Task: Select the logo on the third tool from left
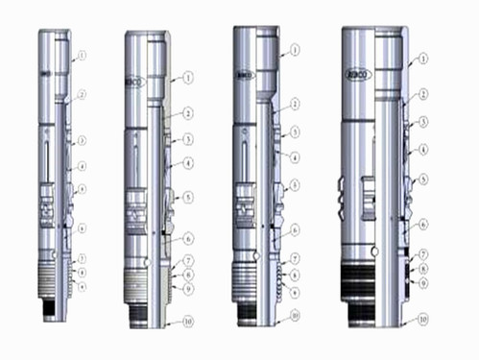coord(246,73)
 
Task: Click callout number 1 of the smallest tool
coord(83,57)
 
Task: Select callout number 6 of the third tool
coord(296,229)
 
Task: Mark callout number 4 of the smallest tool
coord(83,166)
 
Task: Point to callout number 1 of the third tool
coord(295,47)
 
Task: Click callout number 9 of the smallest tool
coord(83,285)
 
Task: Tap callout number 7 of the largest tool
coord(422,253)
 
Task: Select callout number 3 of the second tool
coord(189,139)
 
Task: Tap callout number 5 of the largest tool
coord(422,180)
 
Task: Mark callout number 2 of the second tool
coord(189,113)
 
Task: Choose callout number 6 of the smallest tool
coord(83,228)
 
